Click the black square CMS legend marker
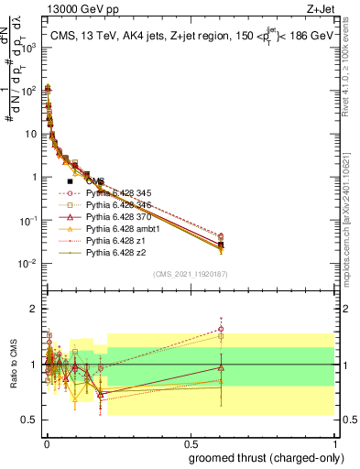pyautogui.click(x=70, y=181)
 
